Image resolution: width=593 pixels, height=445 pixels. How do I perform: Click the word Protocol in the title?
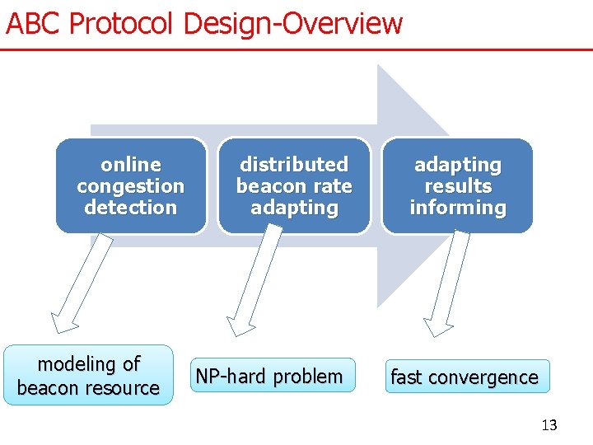click(123, 23)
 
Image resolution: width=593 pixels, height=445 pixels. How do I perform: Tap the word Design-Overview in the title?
click(293, 23)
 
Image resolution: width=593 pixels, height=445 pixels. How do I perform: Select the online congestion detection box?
click(130, 185)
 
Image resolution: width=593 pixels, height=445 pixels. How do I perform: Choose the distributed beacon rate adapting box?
click(294, 185)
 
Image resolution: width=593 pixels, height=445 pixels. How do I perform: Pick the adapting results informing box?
click(458, 185)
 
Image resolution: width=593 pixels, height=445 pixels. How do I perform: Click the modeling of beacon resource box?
click(88, 375)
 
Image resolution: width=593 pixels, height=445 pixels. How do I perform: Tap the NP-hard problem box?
click(268, 376)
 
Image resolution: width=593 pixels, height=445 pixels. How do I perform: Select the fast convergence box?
click(465, 377)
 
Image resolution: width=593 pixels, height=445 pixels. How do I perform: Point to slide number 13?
click(549, 425)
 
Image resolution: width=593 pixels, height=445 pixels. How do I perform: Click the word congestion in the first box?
click(130, 186)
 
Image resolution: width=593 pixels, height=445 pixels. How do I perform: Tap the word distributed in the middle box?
click(294, 165)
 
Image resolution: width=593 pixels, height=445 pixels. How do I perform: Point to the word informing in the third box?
click(458, 208)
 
